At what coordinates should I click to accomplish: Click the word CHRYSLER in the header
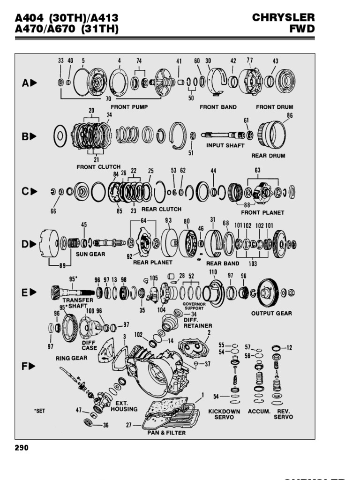[283, 18]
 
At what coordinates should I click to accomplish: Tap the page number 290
[22, 448]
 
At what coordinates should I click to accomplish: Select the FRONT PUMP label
[129, 107]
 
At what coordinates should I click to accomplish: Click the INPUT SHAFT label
[225, 145]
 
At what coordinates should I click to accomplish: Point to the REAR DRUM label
[268, 156]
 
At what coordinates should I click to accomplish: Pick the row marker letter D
[25, 244]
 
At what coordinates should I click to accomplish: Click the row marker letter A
[25, 83]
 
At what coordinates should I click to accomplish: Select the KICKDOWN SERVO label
[224, 414]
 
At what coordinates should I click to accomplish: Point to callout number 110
[213, 272]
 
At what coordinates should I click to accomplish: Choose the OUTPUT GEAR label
[271, 314]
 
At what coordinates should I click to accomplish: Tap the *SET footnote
[39, 411]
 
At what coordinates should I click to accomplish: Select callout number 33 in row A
[61, 60]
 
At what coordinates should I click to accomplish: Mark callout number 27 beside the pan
[129, 426]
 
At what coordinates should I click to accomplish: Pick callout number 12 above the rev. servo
[289, 347]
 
